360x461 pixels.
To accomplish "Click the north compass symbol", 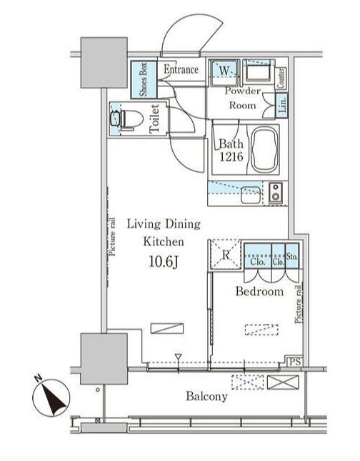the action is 51,397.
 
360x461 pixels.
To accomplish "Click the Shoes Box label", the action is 144,79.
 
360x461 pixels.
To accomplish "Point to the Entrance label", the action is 181,69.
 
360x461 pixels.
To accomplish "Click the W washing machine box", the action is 224,72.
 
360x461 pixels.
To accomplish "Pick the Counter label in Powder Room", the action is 281,78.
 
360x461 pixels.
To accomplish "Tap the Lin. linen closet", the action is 281,106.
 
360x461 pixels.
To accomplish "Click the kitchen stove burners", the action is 276,192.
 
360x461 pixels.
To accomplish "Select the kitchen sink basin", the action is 251,196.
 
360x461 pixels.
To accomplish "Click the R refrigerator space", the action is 226,254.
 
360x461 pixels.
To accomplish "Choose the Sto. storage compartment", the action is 292,255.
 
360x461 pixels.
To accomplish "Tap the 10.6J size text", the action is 164,262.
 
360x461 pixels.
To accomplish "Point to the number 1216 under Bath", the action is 231,157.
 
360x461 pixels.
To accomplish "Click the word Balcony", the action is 206,396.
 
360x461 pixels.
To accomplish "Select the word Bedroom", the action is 259,291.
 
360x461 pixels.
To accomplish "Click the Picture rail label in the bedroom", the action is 299,304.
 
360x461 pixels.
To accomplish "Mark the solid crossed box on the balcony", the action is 283,383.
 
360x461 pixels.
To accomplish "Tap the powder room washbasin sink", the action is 258,72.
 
